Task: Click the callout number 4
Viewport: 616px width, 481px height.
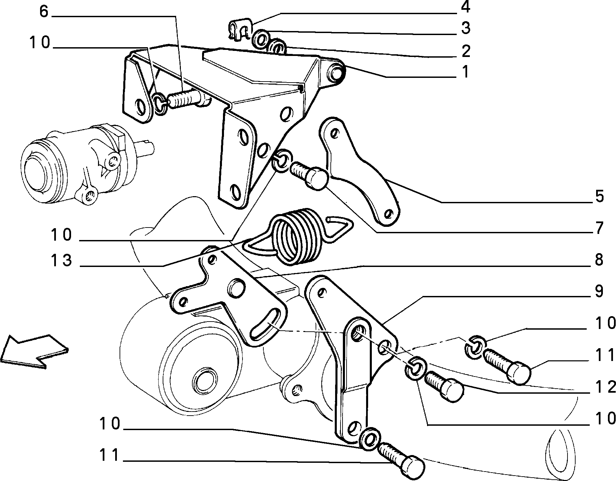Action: [465, 7]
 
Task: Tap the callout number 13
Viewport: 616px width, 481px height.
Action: [62, 260]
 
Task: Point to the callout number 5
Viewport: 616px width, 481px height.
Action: [599, 196]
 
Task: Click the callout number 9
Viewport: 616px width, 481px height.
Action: [599, 291]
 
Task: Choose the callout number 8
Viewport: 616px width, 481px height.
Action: [599, 260]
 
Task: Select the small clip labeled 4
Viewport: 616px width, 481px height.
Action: [239, 29]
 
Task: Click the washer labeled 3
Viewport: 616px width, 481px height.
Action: [261, 38]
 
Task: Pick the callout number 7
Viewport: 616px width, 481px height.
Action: [599, 229]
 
